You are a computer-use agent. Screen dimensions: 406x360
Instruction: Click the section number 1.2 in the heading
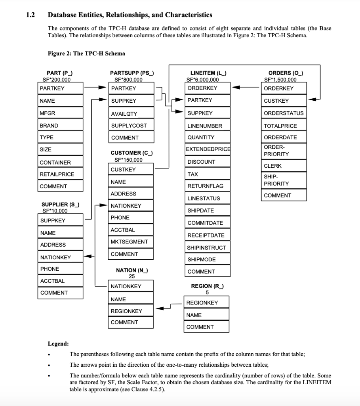[x=30, y=15]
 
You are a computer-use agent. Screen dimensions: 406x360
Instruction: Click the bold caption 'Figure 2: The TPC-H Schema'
[x=86, y=54]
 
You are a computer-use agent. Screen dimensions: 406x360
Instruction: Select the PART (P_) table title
[x=59, y=73]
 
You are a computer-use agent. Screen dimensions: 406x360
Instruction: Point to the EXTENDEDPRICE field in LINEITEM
[x=208, y=149]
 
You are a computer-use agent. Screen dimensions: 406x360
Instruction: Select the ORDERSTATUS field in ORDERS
[x=284, y=113]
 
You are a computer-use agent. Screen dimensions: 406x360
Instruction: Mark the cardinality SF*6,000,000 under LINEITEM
[x=202, y=79]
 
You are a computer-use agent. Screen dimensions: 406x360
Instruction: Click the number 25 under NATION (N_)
[x=132, y=276]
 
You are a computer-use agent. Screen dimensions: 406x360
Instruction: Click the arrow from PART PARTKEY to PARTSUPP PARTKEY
[x=96, y=88]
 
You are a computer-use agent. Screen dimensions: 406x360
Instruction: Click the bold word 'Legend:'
[x=58, y=343]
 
